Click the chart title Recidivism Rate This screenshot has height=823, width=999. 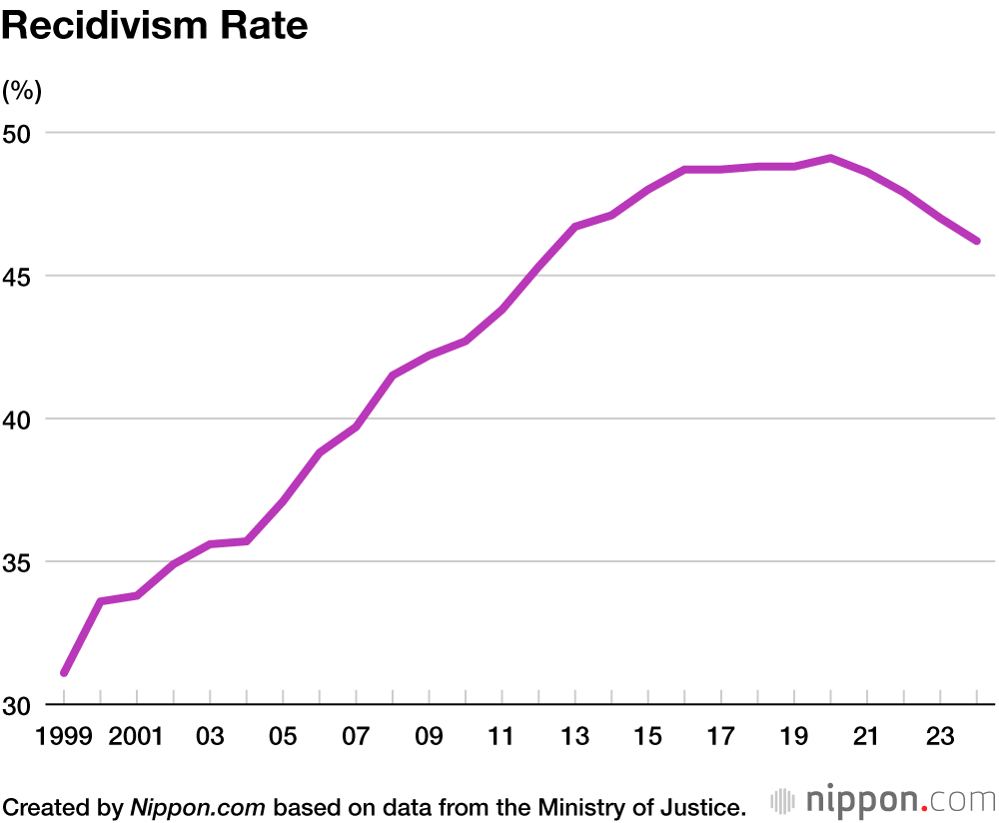point(154,27)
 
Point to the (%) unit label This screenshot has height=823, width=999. point(22,91)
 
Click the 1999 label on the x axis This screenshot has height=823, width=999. point(64,737)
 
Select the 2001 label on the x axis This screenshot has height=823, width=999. point(137,737)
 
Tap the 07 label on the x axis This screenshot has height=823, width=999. point(356,737)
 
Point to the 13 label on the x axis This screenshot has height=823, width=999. point(574,737)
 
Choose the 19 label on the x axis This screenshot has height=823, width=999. point(793,737)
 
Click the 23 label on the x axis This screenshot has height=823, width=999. point(939,737)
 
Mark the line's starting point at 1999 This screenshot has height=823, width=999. point(64,673)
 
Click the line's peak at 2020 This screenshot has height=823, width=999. point(830,158)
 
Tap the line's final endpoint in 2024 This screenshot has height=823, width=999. point(976,241)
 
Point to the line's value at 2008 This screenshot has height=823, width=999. point(393,376)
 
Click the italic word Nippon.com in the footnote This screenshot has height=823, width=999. point(198,806)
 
